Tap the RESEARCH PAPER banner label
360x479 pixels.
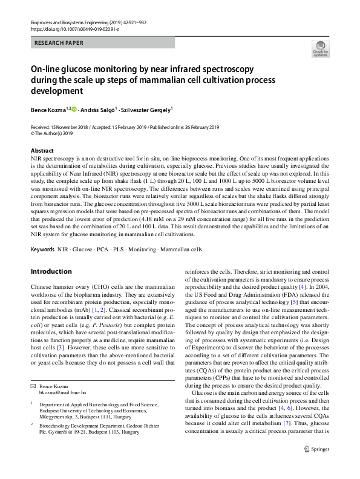click(x=59, y=43)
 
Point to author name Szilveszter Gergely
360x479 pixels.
click(x=148, y=110)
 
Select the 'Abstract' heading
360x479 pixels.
click(x=42, y=150)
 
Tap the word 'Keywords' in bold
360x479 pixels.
click(x=42, y=249)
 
